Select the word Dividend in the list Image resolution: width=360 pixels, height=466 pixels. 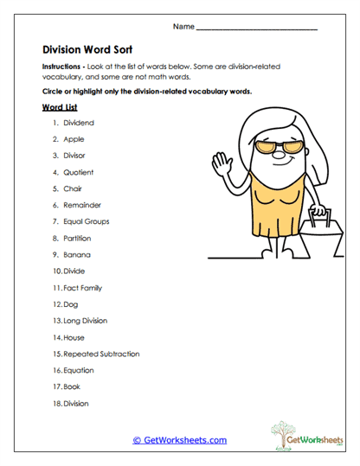click(x=78, y=123)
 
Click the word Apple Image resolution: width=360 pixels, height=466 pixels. click(x=74, y=139)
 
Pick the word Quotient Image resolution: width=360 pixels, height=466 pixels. click(x=78, y=172)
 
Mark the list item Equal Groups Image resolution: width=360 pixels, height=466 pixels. click(x=86, y=221)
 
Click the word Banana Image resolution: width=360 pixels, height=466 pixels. click(x=76, y=254)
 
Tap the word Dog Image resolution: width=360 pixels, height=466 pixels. click(x=70, y=304)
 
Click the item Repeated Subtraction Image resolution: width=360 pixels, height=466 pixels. click(x=100, y=354)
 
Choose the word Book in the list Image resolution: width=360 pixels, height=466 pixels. click(x=72, y=386)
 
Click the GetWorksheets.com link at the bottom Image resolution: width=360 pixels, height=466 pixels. click(x=179, y=440)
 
